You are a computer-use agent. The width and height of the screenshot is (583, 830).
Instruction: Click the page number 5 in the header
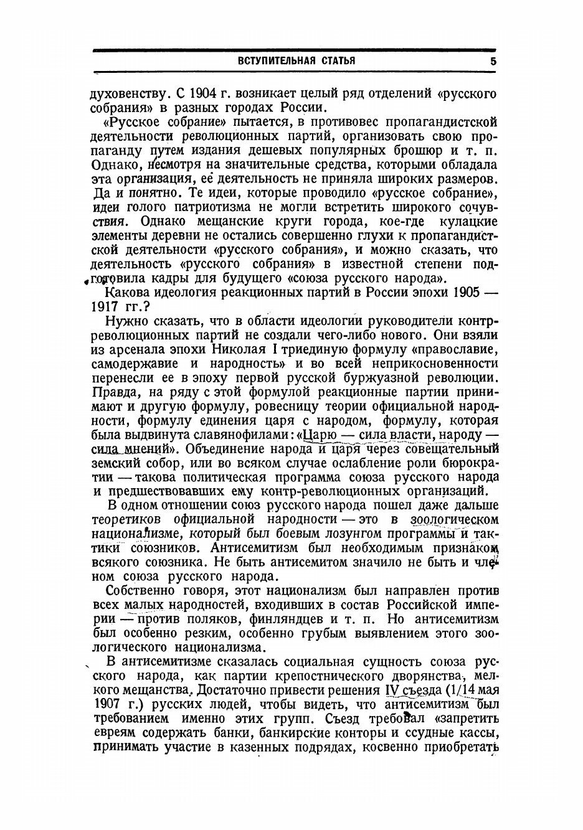point(493,62)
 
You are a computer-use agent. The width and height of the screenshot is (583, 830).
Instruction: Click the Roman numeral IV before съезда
point(391,691)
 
